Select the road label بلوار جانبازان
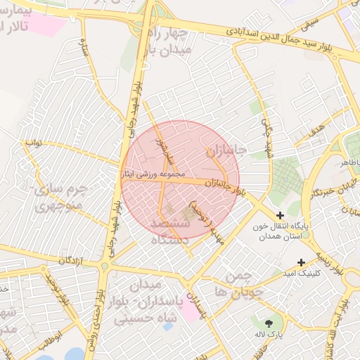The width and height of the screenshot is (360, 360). (226, 185)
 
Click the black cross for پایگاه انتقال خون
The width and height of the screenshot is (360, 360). (281, 215)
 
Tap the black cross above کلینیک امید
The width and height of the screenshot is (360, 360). (301, 262)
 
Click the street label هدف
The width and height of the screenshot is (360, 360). (316, 129)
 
